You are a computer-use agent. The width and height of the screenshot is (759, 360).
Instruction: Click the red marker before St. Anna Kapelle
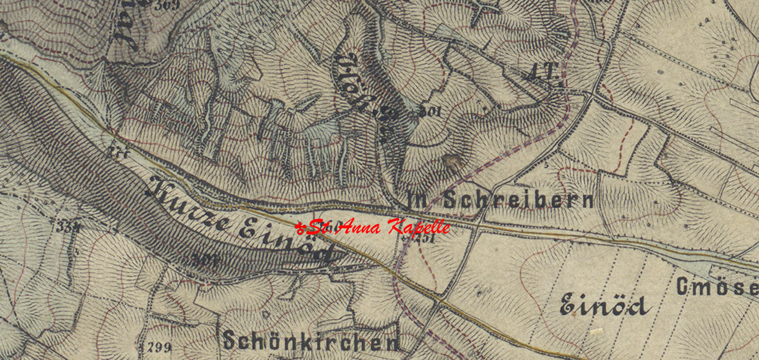point(300,227)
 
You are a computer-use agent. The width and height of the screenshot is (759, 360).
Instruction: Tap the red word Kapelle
point(419,227)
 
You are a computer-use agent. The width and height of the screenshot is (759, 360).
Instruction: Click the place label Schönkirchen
point(311,341)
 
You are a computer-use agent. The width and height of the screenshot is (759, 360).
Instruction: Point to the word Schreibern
point(518,199)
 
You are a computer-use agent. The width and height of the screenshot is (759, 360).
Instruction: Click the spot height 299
point(159,347)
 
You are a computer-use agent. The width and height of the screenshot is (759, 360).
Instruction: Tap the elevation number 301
point(430,112)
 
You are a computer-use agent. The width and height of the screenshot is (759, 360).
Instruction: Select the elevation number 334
point(68,227)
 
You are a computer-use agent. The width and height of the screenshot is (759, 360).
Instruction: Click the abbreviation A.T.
point(542,73)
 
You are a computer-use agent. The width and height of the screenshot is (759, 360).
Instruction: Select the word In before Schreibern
point(417,199)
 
